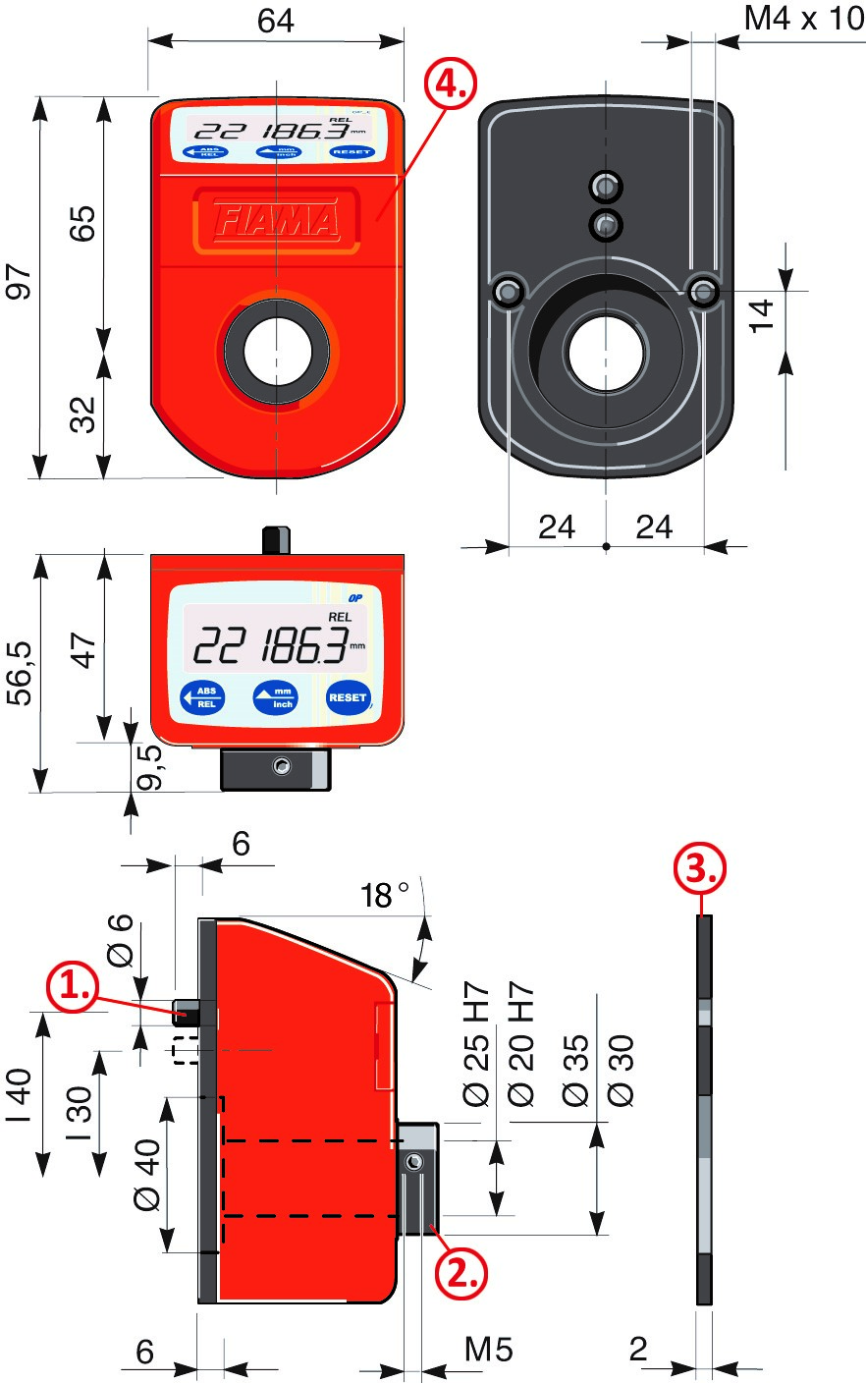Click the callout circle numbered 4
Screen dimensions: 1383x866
click(450, 85)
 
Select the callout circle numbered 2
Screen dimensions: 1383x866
click(462, 1273)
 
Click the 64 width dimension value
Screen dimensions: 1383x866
click(276, 21)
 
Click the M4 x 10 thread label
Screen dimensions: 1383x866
click(803, 19)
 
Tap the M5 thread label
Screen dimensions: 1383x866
click(488, 1350)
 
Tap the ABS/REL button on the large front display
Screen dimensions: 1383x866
click(203, 697)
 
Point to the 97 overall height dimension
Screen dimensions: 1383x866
click(21, 283)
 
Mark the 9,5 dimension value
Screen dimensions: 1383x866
click(148, 766)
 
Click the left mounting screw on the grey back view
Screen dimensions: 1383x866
click(508, 291)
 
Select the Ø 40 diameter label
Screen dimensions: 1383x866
click(147, 1173)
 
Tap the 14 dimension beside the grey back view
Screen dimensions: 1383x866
click(763, 314)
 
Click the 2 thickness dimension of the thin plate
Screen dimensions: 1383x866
click(638, 1349)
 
